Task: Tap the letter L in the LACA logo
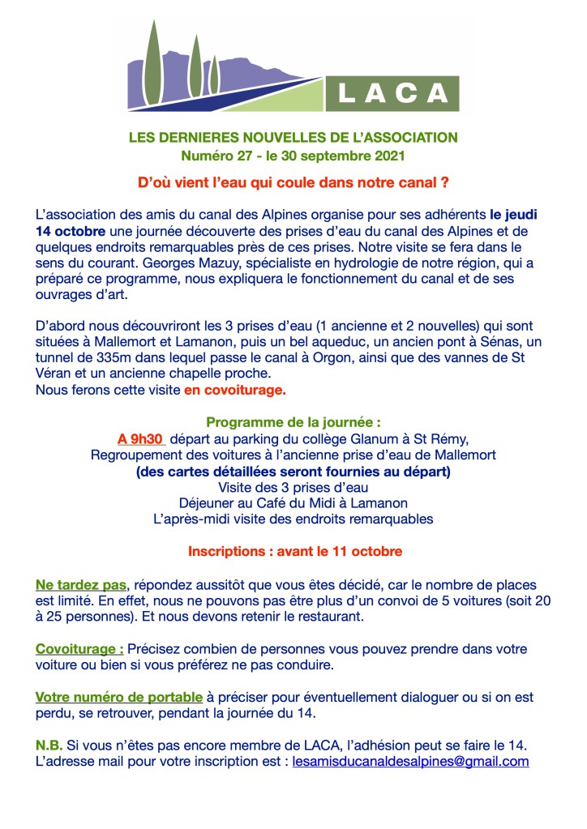tap(344, 94)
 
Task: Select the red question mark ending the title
tap(445, 183)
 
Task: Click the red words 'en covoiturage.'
tap(234, 391)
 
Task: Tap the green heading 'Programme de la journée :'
tap(293, 422)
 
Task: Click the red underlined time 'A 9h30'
tap(141, 438)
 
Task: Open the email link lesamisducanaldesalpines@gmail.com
tap(410, 762)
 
